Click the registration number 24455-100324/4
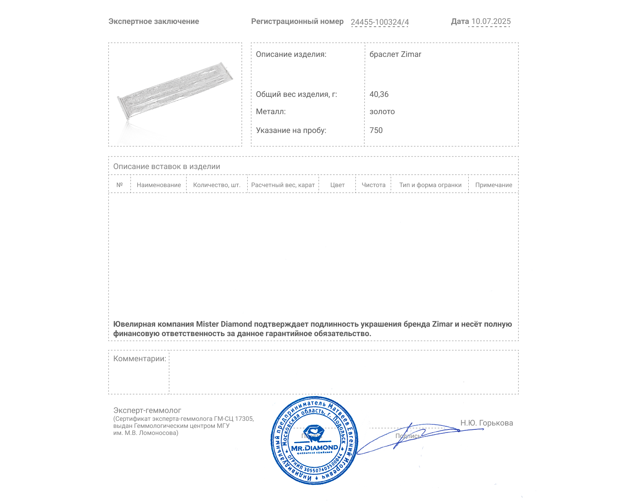380,22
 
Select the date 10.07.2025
491,22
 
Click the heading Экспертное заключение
154,22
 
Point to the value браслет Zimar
395,55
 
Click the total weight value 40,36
379,95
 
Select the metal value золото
382,112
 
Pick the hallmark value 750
376,131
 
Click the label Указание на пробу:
291,131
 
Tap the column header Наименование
159,185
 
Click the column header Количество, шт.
217,185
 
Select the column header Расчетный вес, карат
283,185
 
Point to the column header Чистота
373,185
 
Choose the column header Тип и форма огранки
430,185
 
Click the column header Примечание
493,185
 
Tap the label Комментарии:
140,359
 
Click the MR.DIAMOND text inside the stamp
314,448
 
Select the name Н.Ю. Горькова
486,423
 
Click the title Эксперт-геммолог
147,411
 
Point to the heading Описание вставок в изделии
167,167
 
